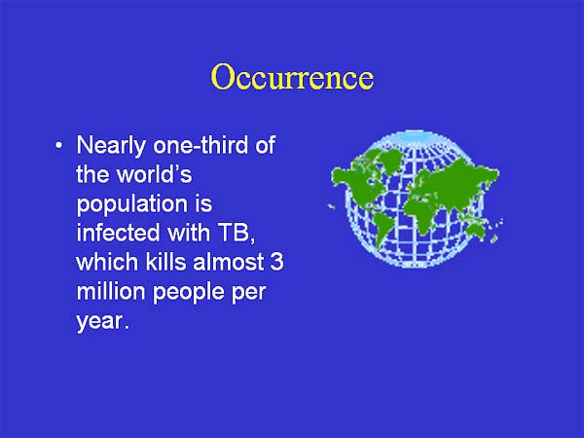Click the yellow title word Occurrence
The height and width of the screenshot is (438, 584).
point(291,77)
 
